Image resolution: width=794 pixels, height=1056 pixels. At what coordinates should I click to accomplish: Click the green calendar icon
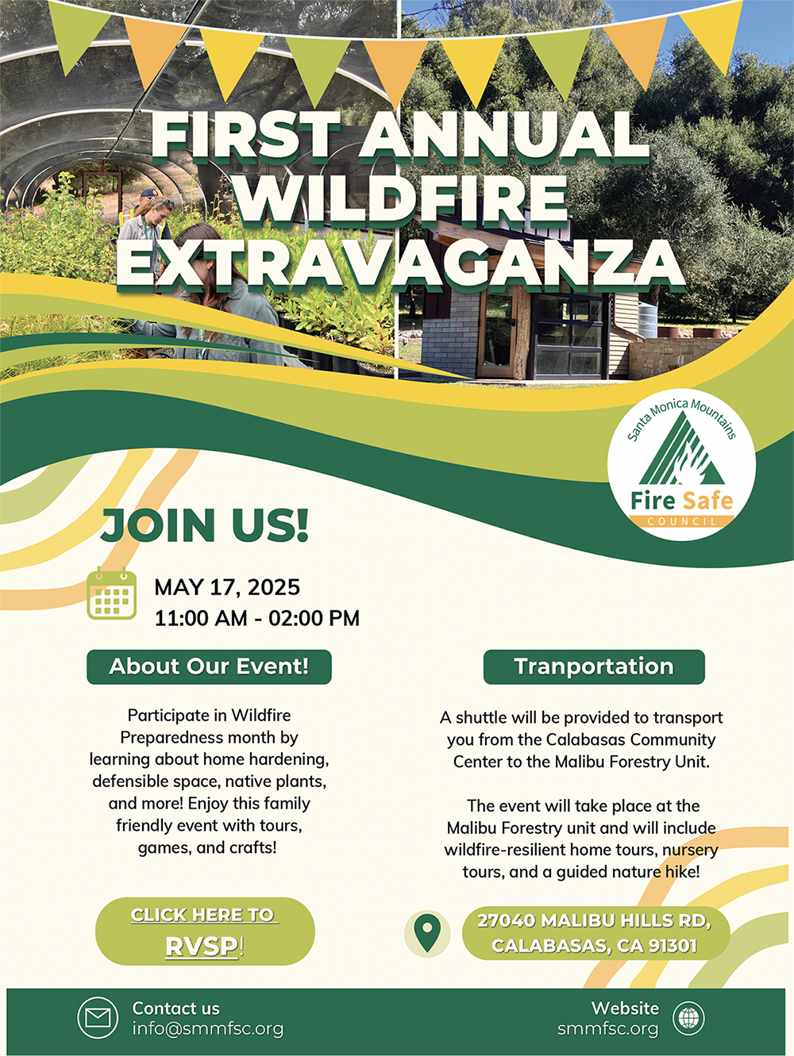click(x=111, y=595)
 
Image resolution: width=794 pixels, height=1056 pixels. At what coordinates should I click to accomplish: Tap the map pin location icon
click(x=427, y=932)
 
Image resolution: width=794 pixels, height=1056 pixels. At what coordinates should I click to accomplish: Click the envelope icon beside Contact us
click(x=98, y=1018)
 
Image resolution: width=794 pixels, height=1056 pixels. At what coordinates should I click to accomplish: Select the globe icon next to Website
click(x=688, y=1018)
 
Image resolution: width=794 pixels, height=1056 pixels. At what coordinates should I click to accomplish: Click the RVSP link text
click(x=203, y=947)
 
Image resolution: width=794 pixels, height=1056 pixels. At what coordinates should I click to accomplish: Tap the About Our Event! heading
click(x=209, y=666)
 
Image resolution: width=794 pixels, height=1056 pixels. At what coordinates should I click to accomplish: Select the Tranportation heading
click(x=594, y=666)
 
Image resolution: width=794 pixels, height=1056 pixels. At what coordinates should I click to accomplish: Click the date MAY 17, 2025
click(x=227, y=587)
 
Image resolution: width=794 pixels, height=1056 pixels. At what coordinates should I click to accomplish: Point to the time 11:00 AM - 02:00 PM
click(x=256, y=618)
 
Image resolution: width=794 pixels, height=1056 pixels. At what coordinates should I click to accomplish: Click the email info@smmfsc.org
click(x=208, y=1029)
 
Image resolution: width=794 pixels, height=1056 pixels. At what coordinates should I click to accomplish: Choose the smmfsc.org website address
click(x=607, y=1029)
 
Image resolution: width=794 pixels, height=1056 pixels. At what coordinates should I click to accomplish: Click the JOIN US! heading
click(x=205, y=525)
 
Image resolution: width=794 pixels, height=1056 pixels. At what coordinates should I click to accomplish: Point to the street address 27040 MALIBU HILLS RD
click(x=594, y=920)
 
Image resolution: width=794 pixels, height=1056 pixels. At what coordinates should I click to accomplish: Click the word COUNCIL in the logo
click(x=682, y=521)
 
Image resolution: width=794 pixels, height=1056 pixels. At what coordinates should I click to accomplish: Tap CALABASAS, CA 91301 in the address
click(x=594, y=946)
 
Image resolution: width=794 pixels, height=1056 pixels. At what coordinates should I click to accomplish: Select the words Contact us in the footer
click(x=175, y=1008)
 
